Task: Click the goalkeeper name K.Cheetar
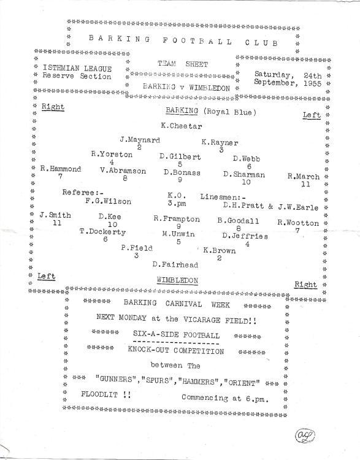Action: coord(182,126)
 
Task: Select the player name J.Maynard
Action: coord(140,140)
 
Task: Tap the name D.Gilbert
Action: coord(180,156)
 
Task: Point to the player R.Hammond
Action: coord(61,169)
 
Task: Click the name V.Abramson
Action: coord(123,171)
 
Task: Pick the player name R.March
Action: coord(304,176)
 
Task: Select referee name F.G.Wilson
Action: coord(109,201)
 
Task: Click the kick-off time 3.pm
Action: coord(177,203)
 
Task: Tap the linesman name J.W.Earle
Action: coord(298,207)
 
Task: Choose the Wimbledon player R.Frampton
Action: coord(177,219)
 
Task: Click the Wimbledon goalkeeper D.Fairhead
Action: coord(175,264)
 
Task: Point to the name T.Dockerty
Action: coord(102,231)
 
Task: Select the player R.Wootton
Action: coord(298,223)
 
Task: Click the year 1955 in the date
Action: coord(312,83)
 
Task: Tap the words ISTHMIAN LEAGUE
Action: coord(77,68)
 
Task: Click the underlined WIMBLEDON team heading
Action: coord(177,280)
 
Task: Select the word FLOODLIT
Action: coord(99,394)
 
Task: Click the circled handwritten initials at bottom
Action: coord(305,435)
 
